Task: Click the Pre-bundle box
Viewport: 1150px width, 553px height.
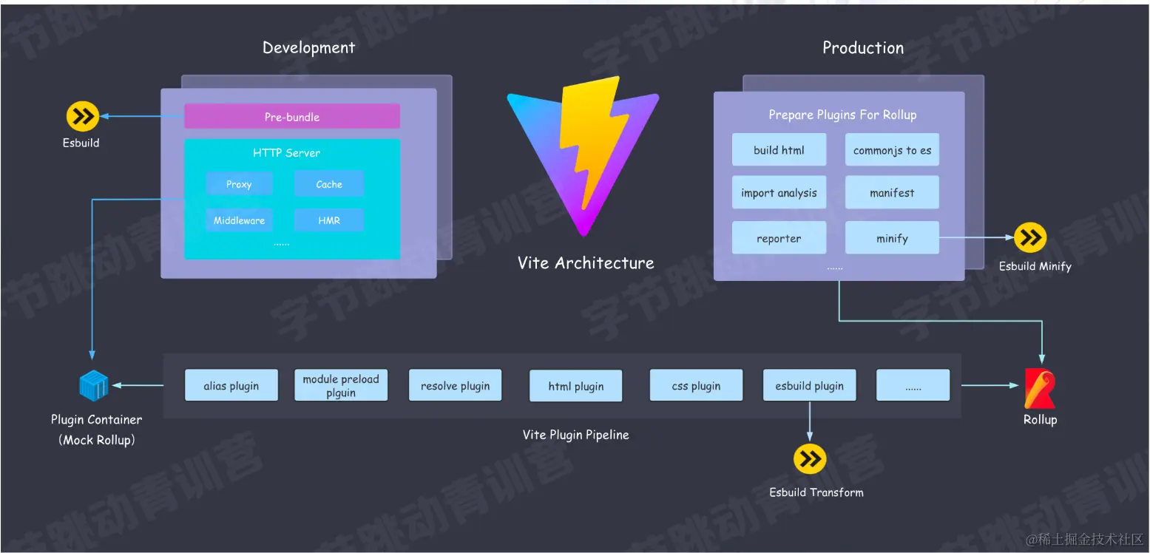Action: point(291,117)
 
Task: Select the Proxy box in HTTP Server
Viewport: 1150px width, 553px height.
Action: point(239,184)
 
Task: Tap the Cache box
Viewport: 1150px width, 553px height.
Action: point(328,184)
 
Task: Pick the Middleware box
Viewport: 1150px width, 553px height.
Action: point(239,220)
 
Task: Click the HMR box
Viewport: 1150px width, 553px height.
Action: point(328,220)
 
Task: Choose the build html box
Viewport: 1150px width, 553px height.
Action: point(779,150)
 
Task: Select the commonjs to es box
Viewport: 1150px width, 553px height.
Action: point(892,150)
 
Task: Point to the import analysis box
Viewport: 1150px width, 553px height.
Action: point(779,193)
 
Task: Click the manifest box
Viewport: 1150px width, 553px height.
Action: point(892,193)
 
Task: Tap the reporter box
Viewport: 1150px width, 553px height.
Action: point(779,238)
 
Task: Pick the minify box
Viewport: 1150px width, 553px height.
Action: point(892,238)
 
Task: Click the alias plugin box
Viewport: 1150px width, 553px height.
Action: point(231,386)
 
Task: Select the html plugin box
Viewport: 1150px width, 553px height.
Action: point(575,386)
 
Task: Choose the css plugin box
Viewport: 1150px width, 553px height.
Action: point(696,386)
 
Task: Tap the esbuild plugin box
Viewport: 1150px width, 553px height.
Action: point(809,386)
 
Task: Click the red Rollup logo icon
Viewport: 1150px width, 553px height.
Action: point(1039,388)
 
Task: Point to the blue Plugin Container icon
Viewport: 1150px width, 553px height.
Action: point(94,385)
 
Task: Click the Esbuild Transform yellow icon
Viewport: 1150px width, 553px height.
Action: point(810,459)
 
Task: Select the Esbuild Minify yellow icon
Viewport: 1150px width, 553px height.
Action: point(1030,237)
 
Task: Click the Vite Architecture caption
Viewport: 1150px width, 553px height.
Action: point(586,262)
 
